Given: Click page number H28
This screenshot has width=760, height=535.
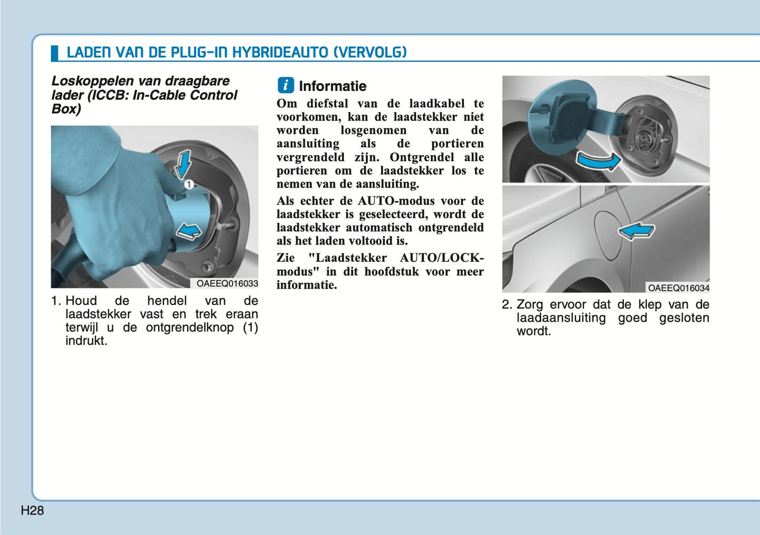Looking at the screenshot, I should [32, 510].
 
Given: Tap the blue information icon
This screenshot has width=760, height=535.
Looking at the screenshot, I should [286, 85].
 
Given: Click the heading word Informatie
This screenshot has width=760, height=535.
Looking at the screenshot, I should [332, 86].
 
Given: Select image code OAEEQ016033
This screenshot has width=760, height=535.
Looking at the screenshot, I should [227, 284].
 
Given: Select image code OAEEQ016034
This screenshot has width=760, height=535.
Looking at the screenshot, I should [678, 288].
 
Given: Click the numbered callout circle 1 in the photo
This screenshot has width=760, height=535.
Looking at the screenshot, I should [189, 184].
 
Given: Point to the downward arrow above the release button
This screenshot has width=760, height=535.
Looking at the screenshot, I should [183, 163].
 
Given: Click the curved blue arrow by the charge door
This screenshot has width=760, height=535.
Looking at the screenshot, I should [599, 161].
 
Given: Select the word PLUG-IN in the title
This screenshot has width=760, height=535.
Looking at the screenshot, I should [199, 53].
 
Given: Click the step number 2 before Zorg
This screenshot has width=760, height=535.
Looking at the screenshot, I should [506, 305].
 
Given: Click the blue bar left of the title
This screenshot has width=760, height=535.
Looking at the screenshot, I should [54, 53].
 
